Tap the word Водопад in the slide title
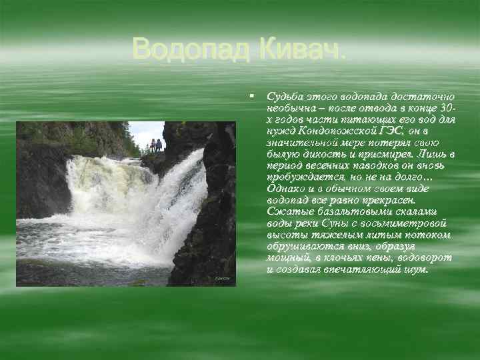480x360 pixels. pyautogui.click(x=190, y=49)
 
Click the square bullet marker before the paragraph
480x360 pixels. pyautogui.click(x=251, y=97)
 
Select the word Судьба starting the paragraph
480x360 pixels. pyautogui.click(x=283, y=97)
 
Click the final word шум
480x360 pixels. pyautogui.click(x=415, y=271)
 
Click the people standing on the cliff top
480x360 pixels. pyautogui.click(x=156, y=145)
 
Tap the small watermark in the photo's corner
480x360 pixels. pyautogui.click(x=221, y=278)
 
